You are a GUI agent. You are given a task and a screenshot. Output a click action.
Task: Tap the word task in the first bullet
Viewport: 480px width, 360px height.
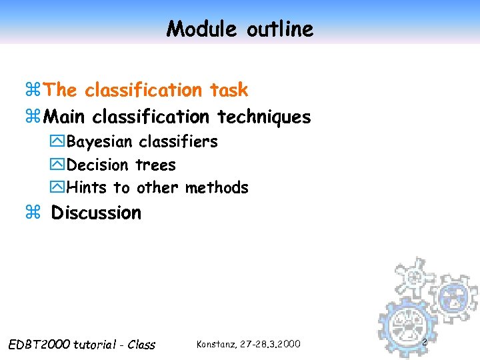tap(228, 89)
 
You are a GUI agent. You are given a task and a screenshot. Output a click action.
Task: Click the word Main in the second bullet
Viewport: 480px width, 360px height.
tap(65, 117)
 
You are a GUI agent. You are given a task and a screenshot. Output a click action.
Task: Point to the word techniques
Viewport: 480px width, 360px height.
tap(264, 117)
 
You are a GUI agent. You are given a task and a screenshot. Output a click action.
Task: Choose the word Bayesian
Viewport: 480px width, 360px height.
tap(100, 142)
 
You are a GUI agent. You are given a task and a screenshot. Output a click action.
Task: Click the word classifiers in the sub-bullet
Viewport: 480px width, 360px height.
tap(178, 142)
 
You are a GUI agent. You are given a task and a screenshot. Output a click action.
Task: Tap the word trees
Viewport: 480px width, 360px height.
tap(155, 165)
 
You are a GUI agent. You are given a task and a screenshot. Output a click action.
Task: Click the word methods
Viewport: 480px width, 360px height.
tap(217, 187)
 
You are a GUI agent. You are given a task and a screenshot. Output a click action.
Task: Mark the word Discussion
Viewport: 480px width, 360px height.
tap(96, 213)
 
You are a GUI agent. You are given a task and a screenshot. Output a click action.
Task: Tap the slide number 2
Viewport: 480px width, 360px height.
tap(423, 341)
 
